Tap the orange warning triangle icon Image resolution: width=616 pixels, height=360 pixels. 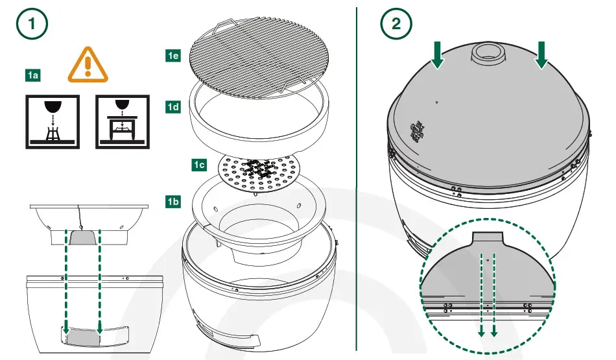[88, 66]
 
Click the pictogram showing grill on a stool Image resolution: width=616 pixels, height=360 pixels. [52, 121]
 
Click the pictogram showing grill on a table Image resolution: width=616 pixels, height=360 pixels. [122, 121]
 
